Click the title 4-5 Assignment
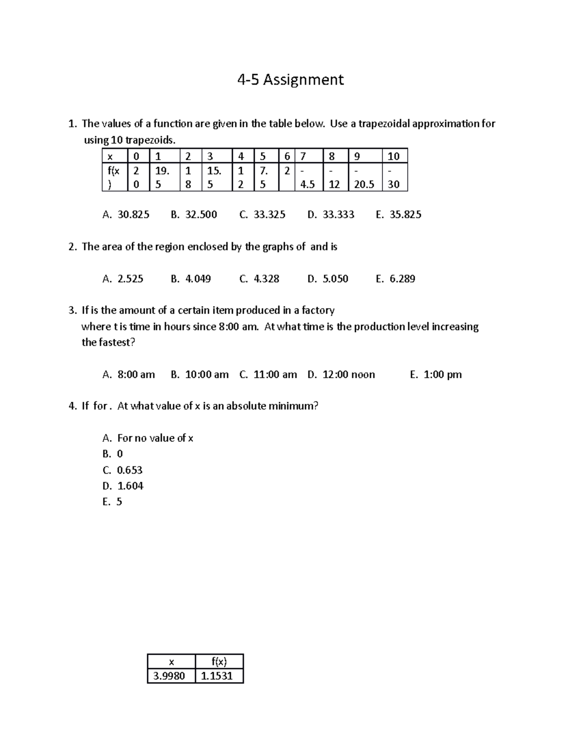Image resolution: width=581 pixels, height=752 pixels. [290, 79]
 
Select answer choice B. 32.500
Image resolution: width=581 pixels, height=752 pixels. [194, 215]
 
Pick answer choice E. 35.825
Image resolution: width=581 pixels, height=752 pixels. [398, 215]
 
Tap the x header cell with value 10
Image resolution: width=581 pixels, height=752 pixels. [394, 156]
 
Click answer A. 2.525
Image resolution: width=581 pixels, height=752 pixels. [123, 279]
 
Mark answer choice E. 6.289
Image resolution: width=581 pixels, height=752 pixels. [396, 279]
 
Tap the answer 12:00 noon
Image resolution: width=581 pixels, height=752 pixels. [341, 375]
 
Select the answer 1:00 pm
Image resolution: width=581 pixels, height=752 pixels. [436, 375]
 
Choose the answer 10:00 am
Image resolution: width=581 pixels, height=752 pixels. [200, 375]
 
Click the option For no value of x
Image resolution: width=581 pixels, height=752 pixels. [148, 438]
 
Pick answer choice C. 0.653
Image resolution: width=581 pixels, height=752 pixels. [123, 470]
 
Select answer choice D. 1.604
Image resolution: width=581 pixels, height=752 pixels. [123, 486]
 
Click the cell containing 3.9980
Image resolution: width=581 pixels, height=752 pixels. [169, 676]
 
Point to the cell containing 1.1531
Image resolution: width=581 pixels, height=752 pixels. [217, 676]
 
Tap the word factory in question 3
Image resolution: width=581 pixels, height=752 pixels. [318, 310]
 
